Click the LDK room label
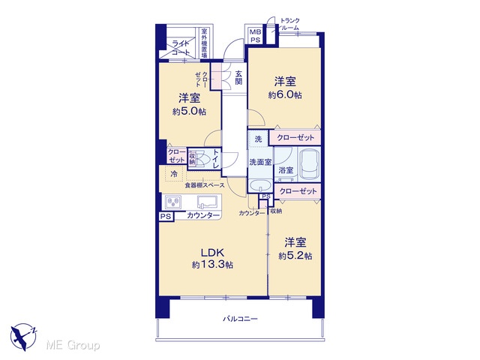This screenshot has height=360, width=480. click(x=212, y=253)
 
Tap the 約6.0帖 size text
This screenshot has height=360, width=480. click(x=285, y=95)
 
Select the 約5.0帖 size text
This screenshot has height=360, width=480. click(x=189, y=112)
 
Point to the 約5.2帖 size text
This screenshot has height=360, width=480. click(x=295, y=256)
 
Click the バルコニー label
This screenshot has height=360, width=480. click(x=240, y=319)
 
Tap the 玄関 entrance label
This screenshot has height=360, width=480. click(x=238, y=77)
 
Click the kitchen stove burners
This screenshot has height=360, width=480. click(x=173, y=202)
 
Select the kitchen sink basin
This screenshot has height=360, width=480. click(x=207, y=202)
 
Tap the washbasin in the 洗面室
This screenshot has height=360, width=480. click(x=260, y=185)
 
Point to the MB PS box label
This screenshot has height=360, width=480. click(x=255, y=36)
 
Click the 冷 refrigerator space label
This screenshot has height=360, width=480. click(x=173, y=175)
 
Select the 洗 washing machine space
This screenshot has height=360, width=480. click(x=258, y=139)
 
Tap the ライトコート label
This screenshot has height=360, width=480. click(x=181, y=48)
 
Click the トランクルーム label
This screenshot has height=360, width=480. click(x=289, y=24)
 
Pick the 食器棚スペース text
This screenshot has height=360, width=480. click(x=205, y=185)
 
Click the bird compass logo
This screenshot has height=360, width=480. click(x=23, y=337)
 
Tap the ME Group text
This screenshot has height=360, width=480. click(x=73, y=346)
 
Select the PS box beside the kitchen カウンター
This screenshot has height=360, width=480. click(x=166, y=217)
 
